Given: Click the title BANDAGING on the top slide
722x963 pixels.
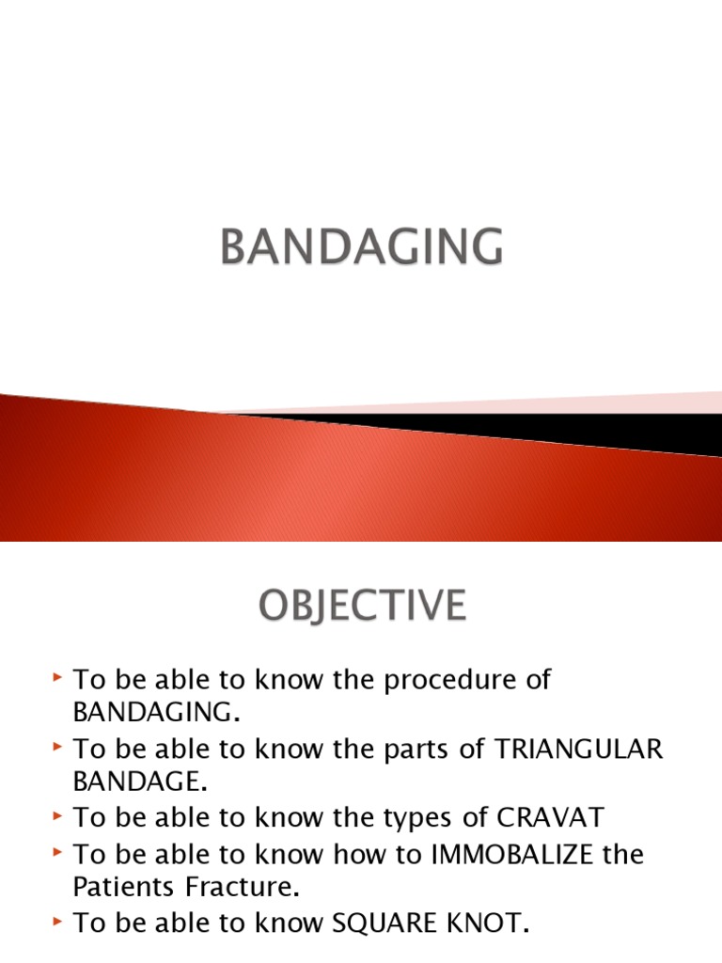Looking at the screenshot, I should click(361, 247).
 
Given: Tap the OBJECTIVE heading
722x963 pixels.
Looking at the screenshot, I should click(361, 606).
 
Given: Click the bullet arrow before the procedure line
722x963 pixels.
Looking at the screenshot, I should click(58, 679).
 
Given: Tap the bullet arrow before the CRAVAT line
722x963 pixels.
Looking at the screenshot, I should click(58, 817).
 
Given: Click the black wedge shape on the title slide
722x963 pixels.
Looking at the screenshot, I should click(564, 430).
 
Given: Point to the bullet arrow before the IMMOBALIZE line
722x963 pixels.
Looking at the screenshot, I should click(58, 853).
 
